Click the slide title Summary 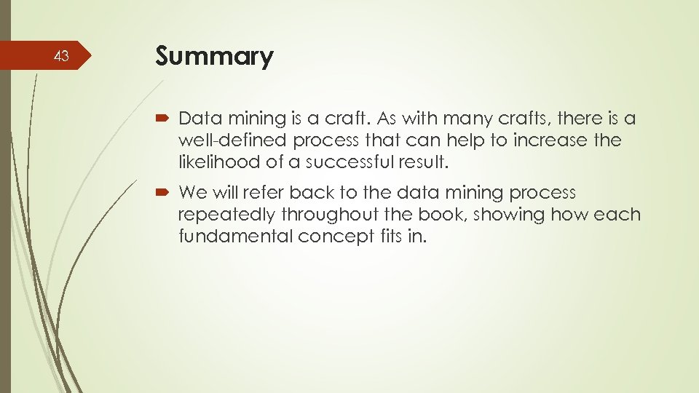click(x=214, y=57)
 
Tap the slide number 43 click(x=63, y=57)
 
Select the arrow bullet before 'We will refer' click(x=162, y=193)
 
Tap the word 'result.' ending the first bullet click(x=426, y=162)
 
